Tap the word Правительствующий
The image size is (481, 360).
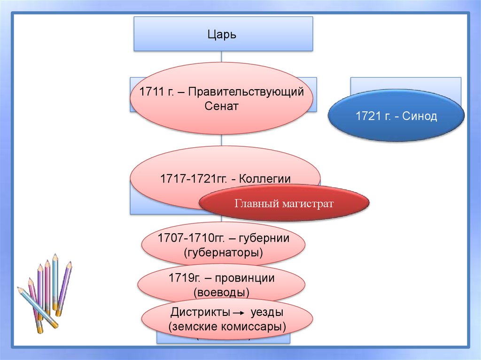(x=250, y=91)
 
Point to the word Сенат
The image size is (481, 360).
(x=221, y=106)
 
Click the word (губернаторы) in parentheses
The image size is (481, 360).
(x=224, y=253)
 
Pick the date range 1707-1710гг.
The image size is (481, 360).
(x=190, y=238)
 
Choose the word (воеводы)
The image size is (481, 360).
(x=221, y=292)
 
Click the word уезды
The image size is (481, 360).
(x=267, y=313)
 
